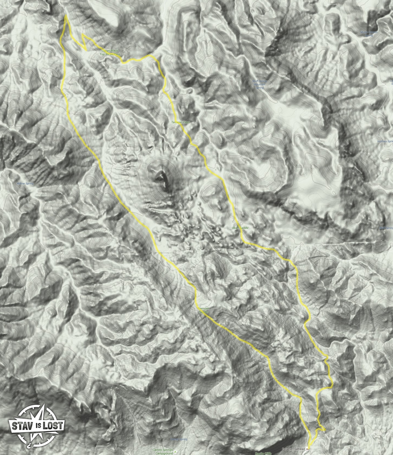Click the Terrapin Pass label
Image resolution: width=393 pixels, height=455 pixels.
(180, 122)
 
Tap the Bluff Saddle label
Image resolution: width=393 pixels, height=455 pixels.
(240, 228)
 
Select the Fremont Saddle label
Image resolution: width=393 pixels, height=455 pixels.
(204, 311)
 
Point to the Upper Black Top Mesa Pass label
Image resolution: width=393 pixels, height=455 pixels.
(110, 52)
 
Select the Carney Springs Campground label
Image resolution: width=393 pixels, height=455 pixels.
(163, 451)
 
